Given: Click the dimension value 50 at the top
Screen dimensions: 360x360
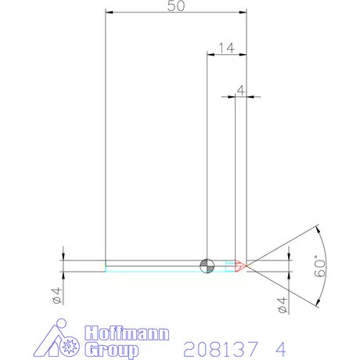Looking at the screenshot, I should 176,6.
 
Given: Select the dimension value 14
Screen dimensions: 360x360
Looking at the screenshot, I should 225,47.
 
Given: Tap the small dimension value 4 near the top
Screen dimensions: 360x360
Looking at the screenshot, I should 241,90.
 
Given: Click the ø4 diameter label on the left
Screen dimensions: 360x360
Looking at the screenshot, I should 56,296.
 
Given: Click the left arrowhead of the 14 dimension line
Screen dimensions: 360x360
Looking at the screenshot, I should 209,54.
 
